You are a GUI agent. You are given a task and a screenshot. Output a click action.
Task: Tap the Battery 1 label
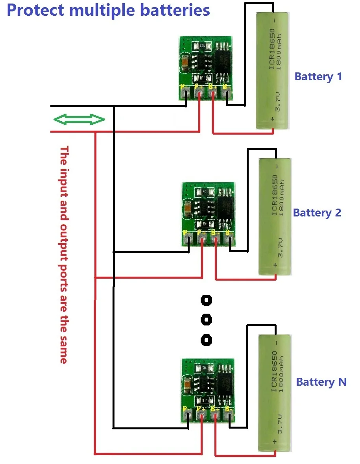click(318, 76)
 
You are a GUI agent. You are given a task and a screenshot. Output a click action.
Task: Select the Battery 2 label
click(317, 213)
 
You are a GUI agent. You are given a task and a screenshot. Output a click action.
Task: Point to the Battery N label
click(321, 382)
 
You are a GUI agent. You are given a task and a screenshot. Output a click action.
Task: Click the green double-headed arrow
click(79, 120)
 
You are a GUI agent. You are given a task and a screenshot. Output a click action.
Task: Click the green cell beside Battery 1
click(273, 71)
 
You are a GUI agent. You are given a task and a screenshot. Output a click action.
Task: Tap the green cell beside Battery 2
click(275, 217)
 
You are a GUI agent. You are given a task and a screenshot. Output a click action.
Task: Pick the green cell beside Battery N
click(275, 393)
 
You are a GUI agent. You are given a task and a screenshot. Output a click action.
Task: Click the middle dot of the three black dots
click(206, 319)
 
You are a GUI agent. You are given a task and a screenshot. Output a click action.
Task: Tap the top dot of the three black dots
click(206, 301)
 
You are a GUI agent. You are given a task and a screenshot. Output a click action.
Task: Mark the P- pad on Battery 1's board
click(186, 93)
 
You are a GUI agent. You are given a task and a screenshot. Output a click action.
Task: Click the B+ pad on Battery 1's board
click(212, 93)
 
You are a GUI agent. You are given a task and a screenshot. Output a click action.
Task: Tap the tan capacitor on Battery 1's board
click(185, 61)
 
